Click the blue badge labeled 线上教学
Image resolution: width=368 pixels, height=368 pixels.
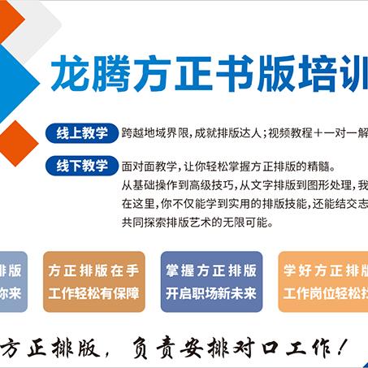(x=82, y=132)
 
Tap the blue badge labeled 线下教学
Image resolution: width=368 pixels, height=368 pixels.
(x=82, y=166)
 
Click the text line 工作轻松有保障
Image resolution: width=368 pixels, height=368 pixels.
(x=93, y=292)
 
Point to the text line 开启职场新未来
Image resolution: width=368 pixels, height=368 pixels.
(x=211, y=292)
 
